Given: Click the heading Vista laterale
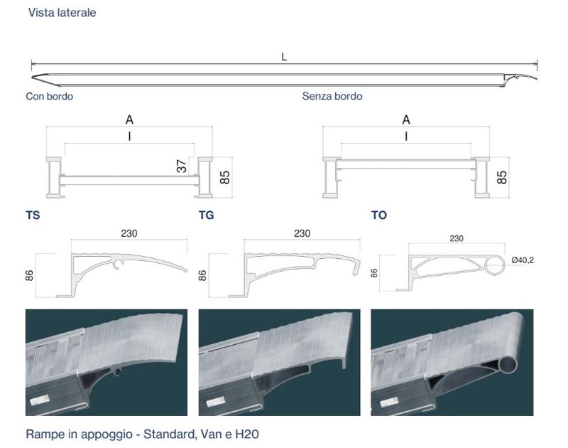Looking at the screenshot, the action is click(62, 13).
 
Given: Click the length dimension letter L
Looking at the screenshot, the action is click(284, 57).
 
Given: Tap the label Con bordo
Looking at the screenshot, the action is click(49, 96).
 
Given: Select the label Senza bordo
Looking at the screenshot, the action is click(332, 96).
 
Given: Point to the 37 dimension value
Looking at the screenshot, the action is click(182, 166).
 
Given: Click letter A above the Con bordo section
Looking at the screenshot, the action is click(129, 119).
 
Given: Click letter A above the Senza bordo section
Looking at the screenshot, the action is click(406, 119).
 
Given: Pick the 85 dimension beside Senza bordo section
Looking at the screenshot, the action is click(502, 177).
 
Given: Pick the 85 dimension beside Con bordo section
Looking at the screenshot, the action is click(225, 177).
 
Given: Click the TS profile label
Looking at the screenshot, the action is click(33, 215).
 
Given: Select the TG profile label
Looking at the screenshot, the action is click(207, 215).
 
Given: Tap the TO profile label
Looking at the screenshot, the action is click(379, 215).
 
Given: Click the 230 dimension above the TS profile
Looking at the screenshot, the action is click(129, 233).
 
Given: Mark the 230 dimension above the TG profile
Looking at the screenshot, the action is click(302, 233).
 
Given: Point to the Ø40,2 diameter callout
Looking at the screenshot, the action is click(523, 260).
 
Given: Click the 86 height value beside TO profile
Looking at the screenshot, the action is click(374, 273).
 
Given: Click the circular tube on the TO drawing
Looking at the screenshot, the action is click(495, 256).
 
